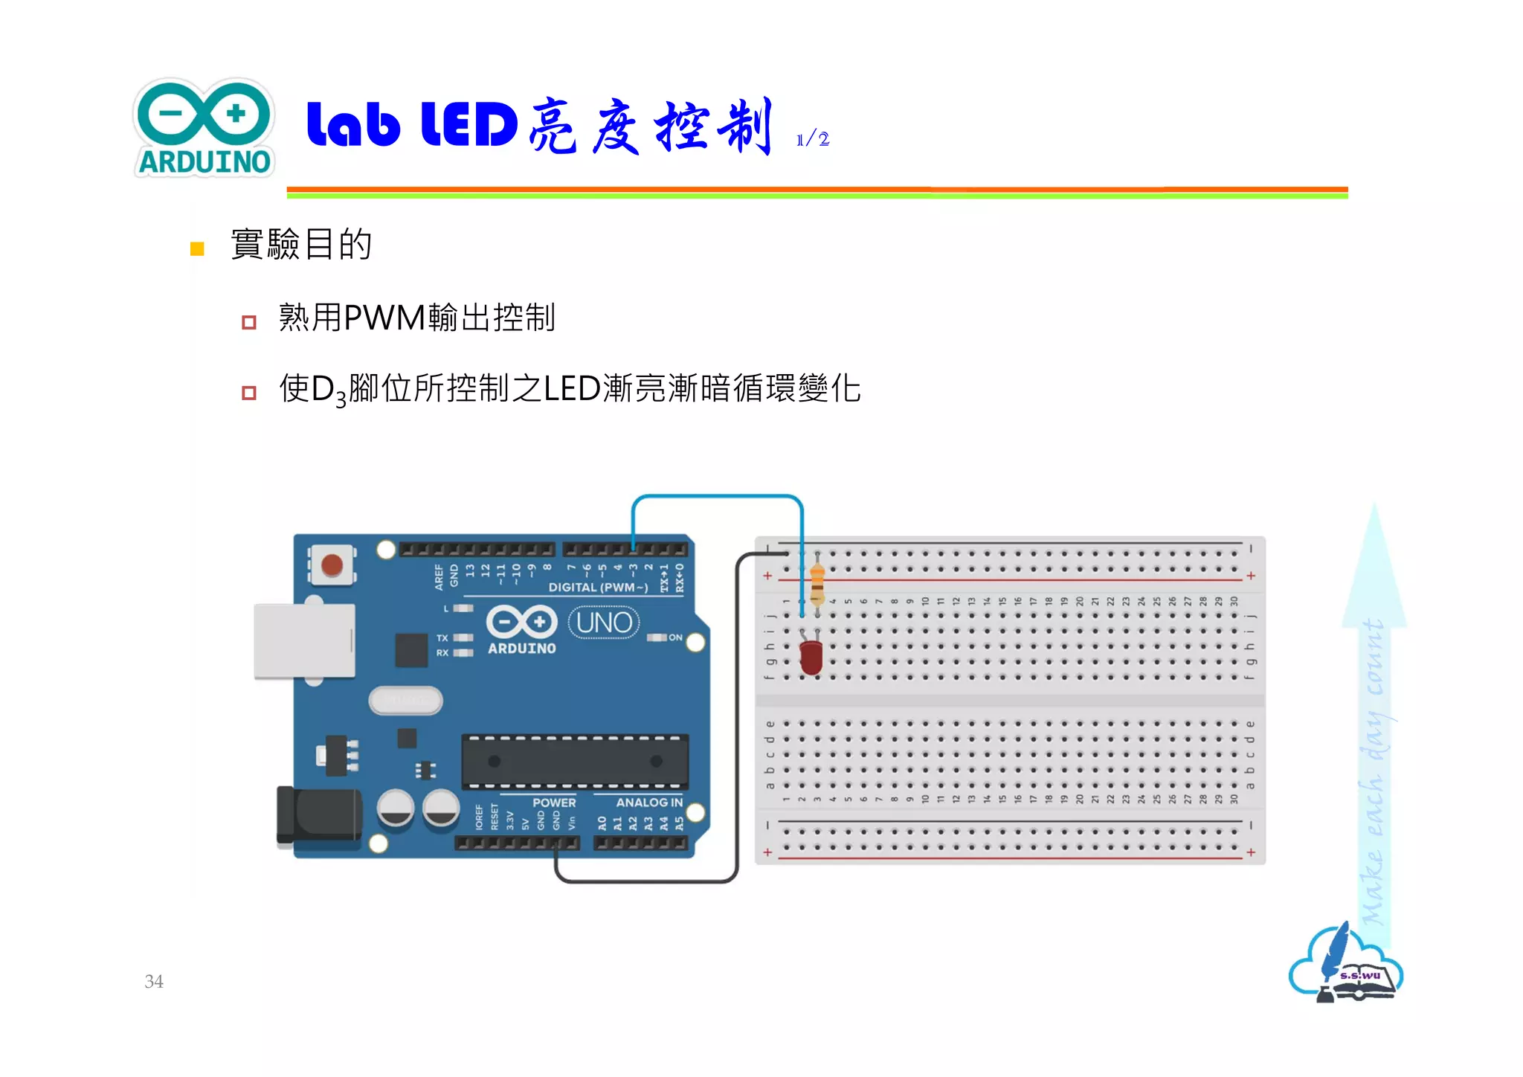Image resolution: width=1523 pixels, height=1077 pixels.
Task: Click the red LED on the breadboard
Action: click(811, 657)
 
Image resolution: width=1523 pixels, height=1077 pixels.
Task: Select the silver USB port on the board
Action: click(304, 640)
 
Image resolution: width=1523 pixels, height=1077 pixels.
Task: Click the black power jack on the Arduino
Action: click(319, 817)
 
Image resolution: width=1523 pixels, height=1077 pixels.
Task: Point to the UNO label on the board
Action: click(604, 623)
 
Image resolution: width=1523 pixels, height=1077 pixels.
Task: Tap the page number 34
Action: click(154, 981)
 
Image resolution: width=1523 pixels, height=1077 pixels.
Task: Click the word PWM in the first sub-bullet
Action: click(384, 318)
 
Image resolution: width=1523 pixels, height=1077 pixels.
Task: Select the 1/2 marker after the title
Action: click(813, 139)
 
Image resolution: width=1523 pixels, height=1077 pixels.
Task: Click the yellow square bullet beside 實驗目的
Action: click(197, 248)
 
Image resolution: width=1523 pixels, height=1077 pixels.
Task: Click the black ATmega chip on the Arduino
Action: click(575, 762)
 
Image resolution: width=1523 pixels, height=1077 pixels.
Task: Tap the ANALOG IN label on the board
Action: click(648, 803)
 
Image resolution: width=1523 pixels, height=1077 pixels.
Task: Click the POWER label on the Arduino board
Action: click(553, 803)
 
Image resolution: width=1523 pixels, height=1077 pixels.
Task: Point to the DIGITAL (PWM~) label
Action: click(598, 588)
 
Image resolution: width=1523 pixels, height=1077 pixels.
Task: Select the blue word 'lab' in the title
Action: click(353, 124)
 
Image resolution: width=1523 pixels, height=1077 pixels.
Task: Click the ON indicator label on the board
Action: click(675, 637)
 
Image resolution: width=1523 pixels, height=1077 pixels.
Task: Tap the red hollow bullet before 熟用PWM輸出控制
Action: click(249, 322)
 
